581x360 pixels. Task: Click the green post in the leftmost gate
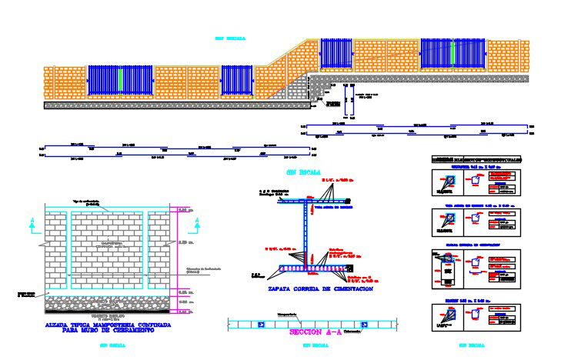tap(121, 81)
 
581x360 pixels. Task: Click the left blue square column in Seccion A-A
tap(262, 324)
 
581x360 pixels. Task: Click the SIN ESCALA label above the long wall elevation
tap(229, 37)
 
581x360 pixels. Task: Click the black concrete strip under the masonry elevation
tap(109, 313)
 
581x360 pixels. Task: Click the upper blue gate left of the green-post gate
tap(336, 55)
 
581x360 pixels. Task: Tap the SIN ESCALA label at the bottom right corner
tap(474, 346)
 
